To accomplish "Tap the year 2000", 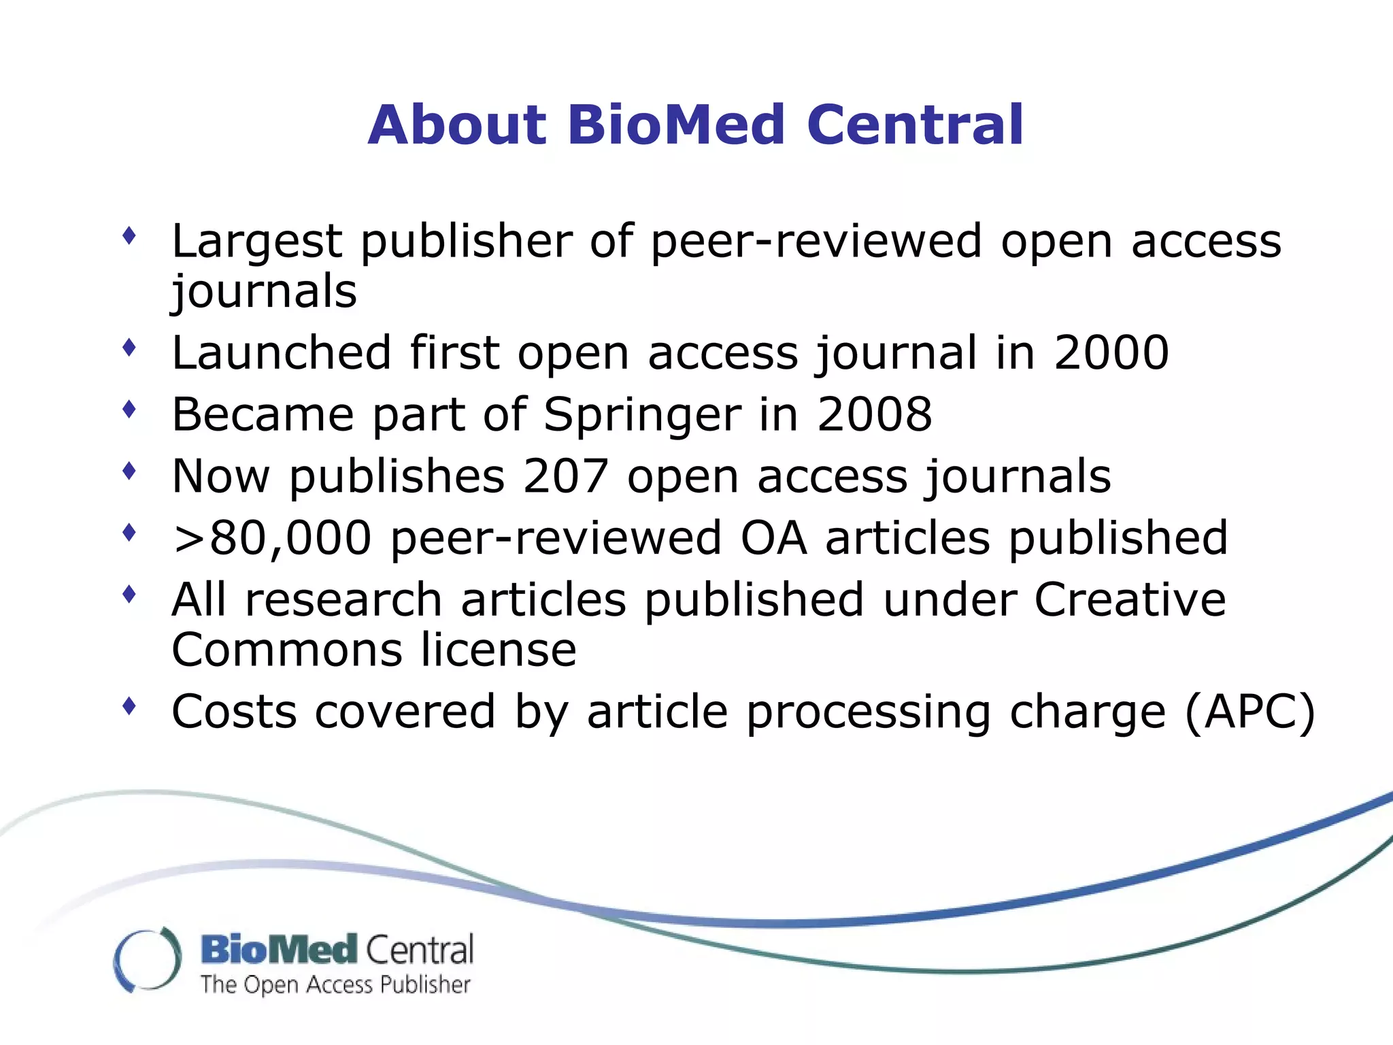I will point(1111,353).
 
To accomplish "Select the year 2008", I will point(875,414).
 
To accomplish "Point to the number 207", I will point(565,476).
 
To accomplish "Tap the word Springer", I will point(642,416).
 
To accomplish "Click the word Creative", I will point(1130,600).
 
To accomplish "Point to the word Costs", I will point(235,712).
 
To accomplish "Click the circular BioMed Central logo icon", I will point(147,959).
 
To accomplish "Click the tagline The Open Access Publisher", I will point(335,984).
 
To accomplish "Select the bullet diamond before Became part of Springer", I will point(129,410).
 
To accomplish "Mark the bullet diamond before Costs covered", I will point(129,707).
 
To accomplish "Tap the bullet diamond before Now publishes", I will point(129,471).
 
